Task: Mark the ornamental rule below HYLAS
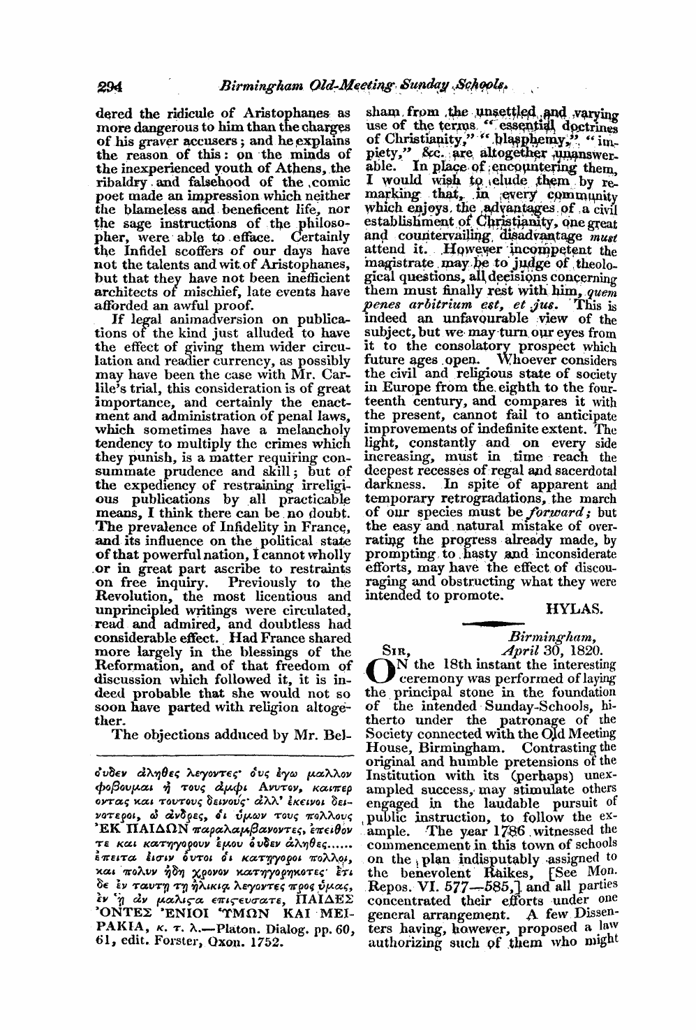(496, 624)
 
